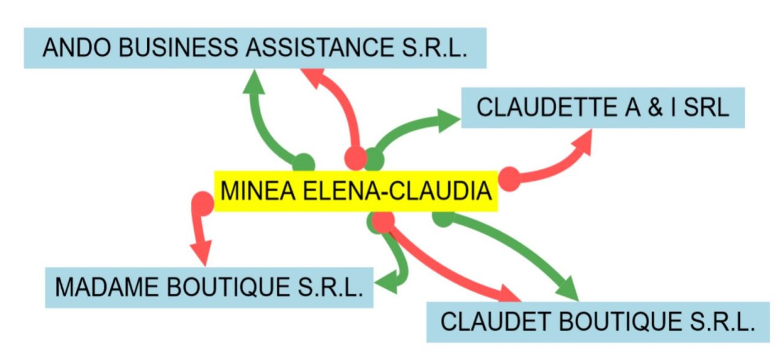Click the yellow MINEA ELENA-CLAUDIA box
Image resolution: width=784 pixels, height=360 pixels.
coord(355,192)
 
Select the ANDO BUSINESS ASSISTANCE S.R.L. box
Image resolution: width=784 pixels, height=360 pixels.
coord(255,48)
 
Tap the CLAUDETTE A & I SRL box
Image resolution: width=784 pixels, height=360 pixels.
coord(603,108)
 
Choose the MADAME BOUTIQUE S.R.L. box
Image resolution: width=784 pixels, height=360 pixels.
coord(209,287)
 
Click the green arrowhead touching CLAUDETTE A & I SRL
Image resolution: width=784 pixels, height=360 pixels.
coord(448,120)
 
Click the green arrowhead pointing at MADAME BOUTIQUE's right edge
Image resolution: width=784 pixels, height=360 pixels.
coord(386,283)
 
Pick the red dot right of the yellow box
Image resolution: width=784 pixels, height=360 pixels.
coord(509,179)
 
